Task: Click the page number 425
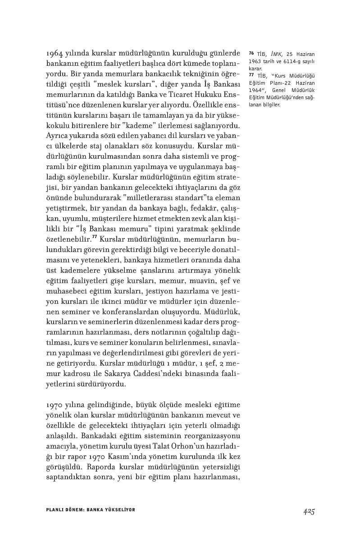pos(308,510)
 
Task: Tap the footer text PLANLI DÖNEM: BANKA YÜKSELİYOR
pos(91,510)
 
